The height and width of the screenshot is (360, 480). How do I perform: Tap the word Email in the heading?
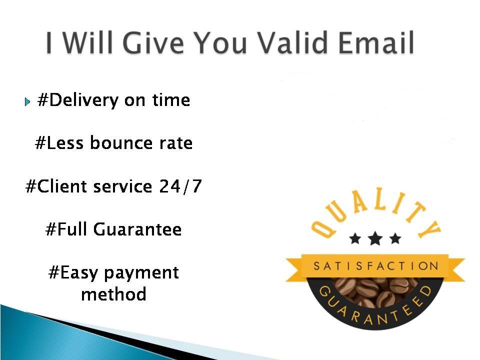(381, 43)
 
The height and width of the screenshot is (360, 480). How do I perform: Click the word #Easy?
(71, 273)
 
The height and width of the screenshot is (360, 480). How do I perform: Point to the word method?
(113, 294)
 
